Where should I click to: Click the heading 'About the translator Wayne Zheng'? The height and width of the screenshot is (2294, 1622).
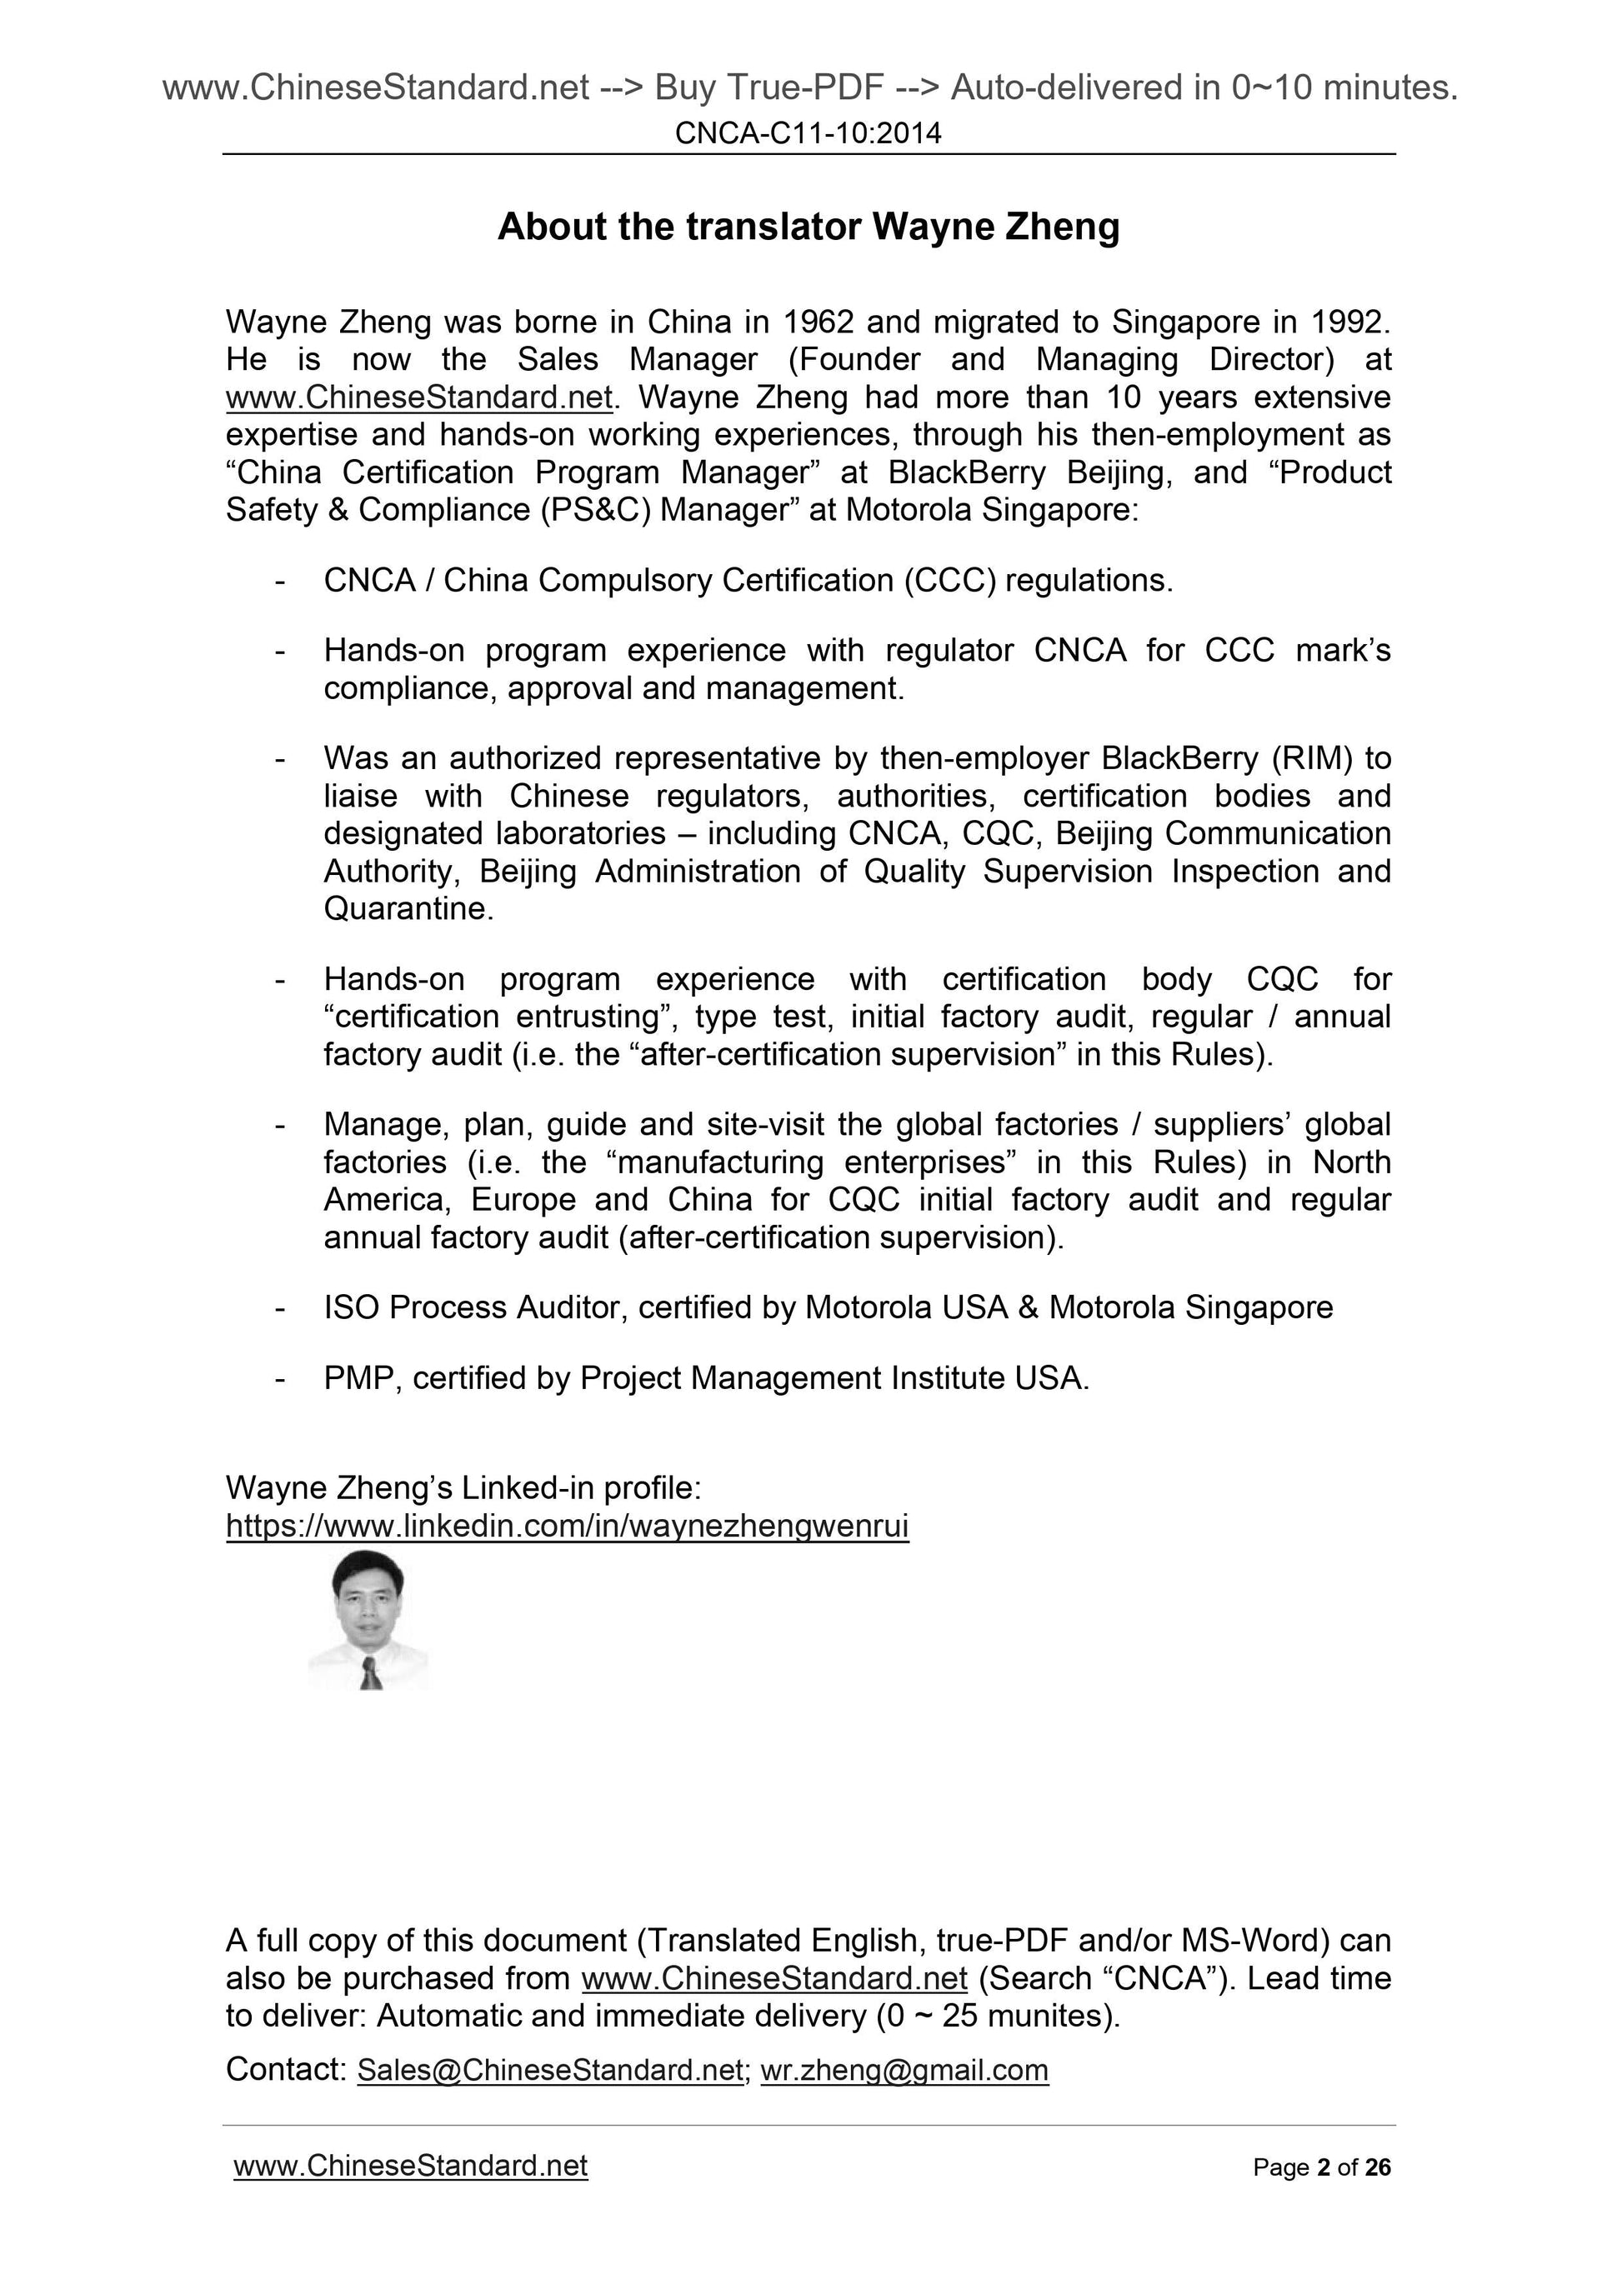(808, 227)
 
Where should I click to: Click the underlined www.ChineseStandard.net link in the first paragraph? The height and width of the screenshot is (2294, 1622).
(418, 397)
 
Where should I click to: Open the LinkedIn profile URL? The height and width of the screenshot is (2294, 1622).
(567, 1527)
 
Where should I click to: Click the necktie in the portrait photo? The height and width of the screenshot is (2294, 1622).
(371, 1672)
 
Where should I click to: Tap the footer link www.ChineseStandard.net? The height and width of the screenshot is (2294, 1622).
(410, 2167)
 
